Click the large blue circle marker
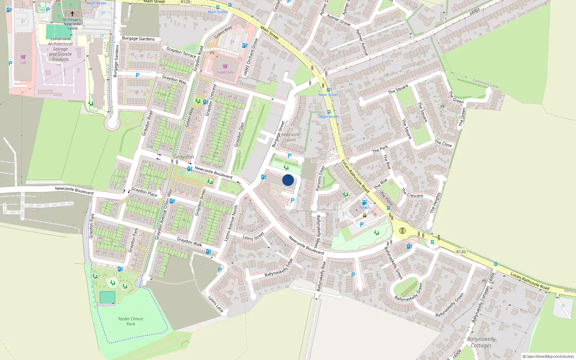pyautogui.click(x=288, y=180)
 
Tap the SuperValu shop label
pyautogui.click(x=225, y=72)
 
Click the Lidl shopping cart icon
pyautogui.click(x=23, y=57)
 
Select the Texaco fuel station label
pyautogui.click(x=364, y=207)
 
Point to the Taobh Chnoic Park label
pyautogui.click(x=131, y=321)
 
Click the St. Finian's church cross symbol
pyautogui.click(x=72, y=14)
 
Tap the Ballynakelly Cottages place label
pyautogui.click(x=481, y=342)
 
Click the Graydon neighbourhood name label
pyautogui.click(x=184, y=157)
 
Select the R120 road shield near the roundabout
pyautogui.click(x=461, y=252)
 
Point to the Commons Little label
pyautogui.click(x=485, y=83)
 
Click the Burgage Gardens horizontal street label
pyautogui.click(x=138, y=39)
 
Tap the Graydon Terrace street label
pyautogui.click(x=181, y=52)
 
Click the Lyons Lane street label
pyautogui.click(x=216, y=303)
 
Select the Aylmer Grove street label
pyautogui.click(x=338, y=20)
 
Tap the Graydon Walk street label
pyautogui.click(x=189, y=242)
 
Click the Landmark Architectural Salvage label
pyautogui.click(x=60, y=49)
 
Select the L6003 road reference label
pyautogui.click(x=475, y=12)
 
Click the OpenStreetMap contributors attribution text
pyautogui.click(x=548, y=356)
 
